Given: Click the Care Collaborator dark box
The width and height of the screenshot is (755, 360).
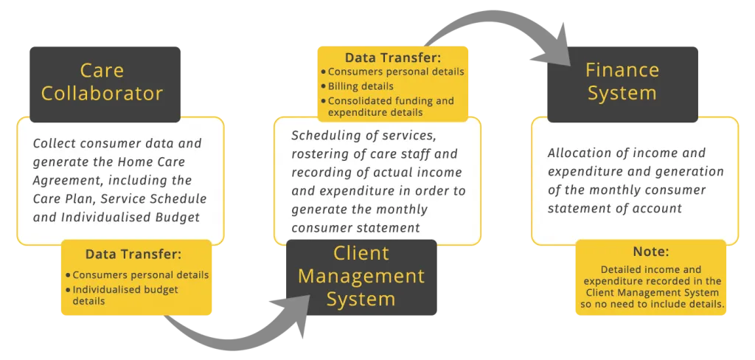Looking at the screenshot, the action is (105, 84).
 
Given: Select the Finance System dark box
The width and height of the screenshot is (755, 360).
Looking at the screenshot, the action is (622, 84).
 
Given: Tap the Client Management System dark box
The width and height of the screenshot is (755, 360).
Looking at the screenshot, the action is (361, 277).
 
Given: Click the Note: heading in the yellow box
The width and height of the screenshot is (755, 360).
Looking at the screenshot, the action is (651, 252).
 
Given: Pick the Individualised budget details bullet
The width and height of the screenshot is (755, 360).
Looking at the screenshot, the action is (122, 295).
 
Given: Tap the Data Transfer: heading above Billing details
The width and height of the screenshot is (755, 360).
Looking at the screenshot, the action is (392, 58).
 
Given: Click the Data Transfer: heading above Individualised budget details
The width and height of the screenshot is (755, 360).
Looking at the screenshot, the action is (133, 254).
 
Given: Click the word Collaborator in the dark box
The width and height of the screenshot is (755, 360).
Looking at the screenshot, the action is (102, 93).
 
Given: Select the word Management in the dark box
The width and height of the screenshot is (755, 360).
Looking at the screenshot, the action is (361, 277).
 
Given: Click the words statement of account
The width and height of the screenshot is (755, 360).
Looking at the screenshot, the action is (615, 208).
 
